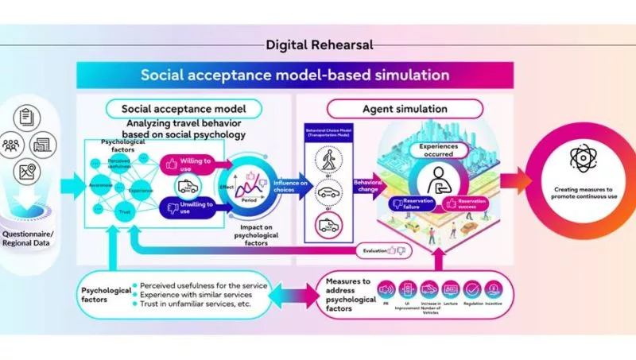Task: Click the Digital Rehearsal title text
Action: pyautogui.click(x=317, y=45)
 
